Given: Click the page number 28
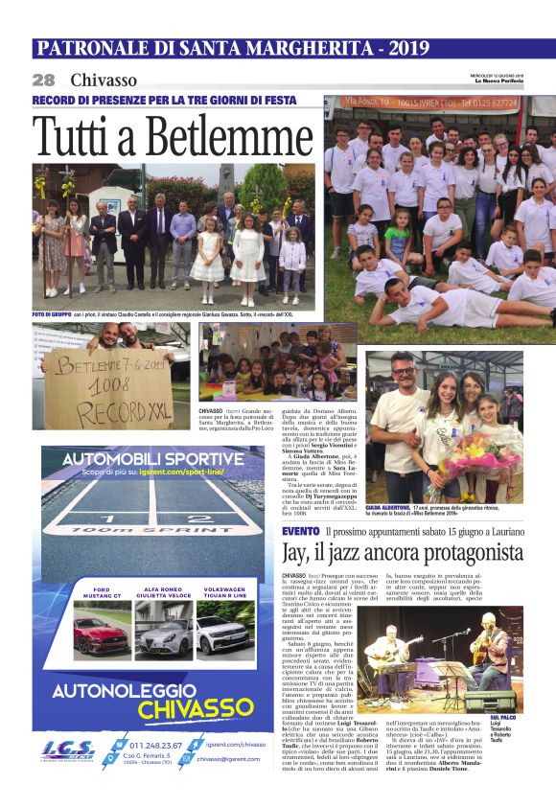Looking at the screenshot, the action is click(x=43, y=80).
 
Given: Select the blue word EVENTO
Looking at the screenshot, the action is click(x=301, y=531).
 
